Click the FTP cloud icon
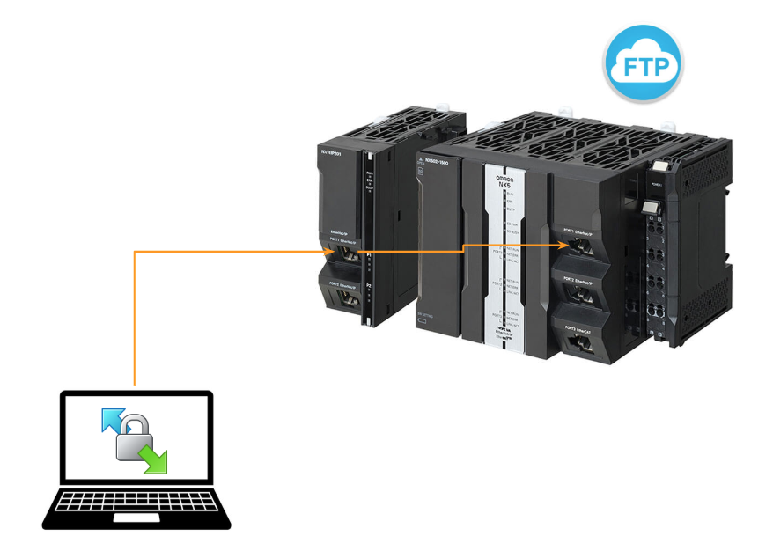(x=643, y=64)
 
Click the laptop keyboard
(x=136, y=503)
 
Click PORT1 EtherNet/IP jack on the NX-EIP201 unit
(x=344, y=254)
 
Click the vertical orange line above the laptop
(x=134, y=317)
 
